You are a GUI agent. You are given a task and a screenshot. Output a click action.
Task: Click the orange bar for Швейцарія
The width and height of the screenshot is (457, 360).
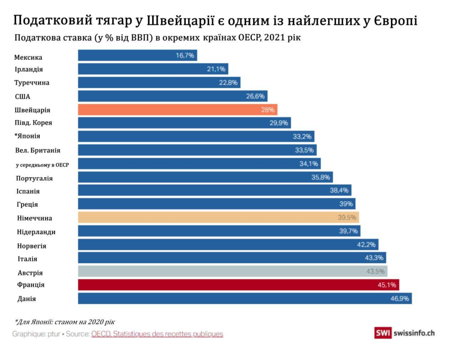pyautogui.click(x=177, y=110)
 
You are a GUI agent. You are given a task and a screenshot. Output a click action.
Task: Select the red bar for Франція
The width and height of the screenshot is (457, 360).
pyautogui.click(x=238, y=285)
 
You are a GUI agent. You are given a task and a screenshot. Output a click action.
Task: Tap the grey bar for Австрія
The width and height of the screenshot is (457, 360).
pyautogui.click(x=232, y=272)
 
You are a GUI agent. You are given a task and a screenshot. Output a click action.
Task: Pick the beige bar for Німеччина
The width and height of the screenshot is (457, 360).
pyautogui.click(x=218, y=218)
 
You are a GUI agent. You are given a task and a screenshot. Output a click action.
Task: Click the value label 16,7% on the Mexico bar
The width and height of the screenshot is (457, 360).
pyautogui.click(x=185, y=55)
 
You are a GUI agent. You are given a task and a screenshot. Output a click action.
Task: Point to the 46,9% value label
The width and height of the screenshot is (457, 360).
pyautogui.click(x=400, y=299)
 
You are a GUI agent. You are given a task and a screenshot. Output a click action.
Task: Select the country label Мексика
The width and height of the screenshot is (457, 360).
pyautogui.click(x=28, y=58)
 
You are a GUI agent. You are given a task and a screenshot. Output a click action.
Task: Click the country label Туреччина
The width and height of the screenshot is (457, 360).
pyautogui.click(x=32, y=83)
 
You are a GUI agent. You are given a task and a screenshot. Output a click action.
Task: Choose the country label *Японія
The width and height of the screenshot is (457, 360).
pyautogui.click(x=27, y=136)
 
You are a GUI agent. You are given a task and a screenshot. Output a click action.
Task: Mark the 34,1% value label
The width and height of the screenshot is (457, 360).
pyautogui.click(x=308, y=164)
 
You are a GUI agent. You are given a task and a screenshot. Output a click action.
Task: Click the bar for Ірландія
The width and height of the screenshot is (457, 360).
pyautogui.click(x=153, y=69)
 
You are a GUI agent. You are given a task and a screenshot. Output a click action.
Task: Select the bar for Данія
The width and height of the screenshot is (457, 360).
pyautogui.click(x=245, y=299)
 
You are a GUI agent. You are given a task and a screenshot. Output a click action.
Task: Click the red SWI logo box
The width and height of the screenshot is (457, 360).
pyautogui.click(x=382, y=333)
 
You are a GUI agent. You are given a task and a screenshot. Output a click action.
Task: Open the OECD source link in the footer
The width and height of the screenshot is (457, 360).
pyautogui.click(x=157, y=334)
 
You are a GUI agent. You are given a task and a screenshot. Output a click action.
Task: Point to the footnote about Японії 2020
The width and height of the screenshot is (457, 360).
pyautogui.click(x=65, y=322)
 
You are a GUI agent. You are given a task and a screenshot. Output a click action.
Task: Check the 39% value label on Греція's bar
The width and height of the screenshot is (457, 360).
pyautogui.click(x=346, y=204)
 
